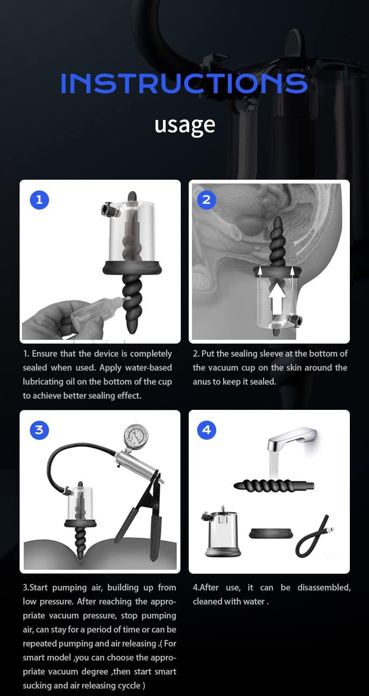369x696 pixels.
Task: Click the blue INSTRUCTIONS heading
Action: click(x=184, y=83)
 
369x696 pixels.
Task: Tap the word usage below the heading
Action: click(x=184, y=125)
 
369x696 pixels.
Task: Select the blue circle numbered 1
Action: click(x=39, y=200)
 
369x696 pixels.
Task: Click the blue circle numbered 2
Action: click(x=206, y=200)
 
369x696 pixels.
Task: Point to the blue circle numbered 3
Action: click(x=39, y=429)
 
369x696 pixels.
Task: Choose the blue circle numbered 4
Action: click(x=206, y=429)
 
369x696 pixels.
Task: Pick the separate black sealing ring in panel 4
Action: click(x=271, y=533)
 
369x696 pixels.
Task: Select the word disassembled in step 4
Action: click(x=325, y=587)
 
